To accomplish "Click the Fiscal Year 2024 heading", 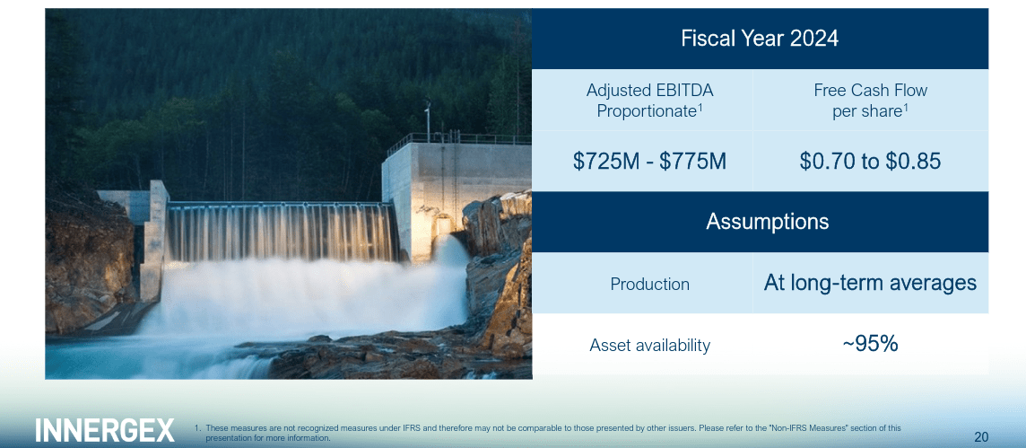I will (x=760, y=39).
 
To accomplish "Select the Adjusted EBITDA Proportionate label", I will (x=649, y=101).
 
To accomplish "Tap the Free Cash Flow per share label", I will (x=870, y=101).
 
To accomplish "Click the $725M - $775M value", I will (x=649, y=162).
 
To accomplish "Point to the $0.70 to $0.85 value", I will (x=870, y=162).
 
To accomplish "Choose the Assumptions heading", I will (x=767, y=222).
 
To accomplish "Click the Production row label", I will (x=649, y=284).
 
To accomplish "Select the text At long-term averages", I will (x=870, y=284).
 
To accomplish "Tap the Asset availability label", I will (x=649, y=345).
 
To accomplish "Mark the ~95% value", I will (x=870, y=344).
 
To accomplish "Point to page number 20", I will (x=981, y=437).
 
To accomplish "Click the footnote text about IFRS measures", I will (x=552, y=433).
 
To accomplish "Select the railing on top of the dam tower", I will (x=457, y=140).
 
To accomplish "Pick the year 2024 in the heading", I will (x=814, y=39).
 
